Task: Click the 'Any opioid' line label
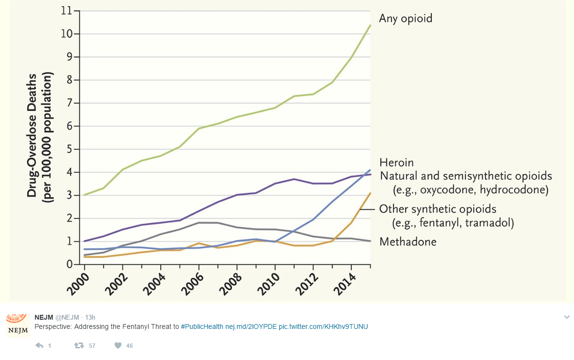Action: (x=405, y=18)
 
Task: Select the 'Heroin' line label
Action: (x=396, y=162)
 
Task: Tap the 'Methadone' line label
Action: (x=407, y=241)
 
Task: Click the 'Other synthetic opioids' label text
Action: (x=438, y=209)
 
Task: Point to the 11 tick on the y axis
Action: (x=66, y=11)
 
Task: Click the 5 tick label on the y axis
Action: (x=69, y=149)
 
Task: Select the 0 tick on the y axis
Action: (x=69, y=265)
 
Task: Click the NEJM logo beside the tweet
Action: (x=17, y=326)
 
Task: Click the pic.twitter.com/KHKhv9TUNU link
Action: (x=323, y=326)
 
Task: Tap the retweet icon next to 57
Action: (x=79, y=345)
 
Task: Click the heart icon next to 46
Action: (x=118, y=345)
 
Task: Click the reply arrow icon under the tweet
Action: (x=40, y=345)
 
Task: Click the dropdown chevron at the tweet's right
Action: (x=567, y=317)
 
